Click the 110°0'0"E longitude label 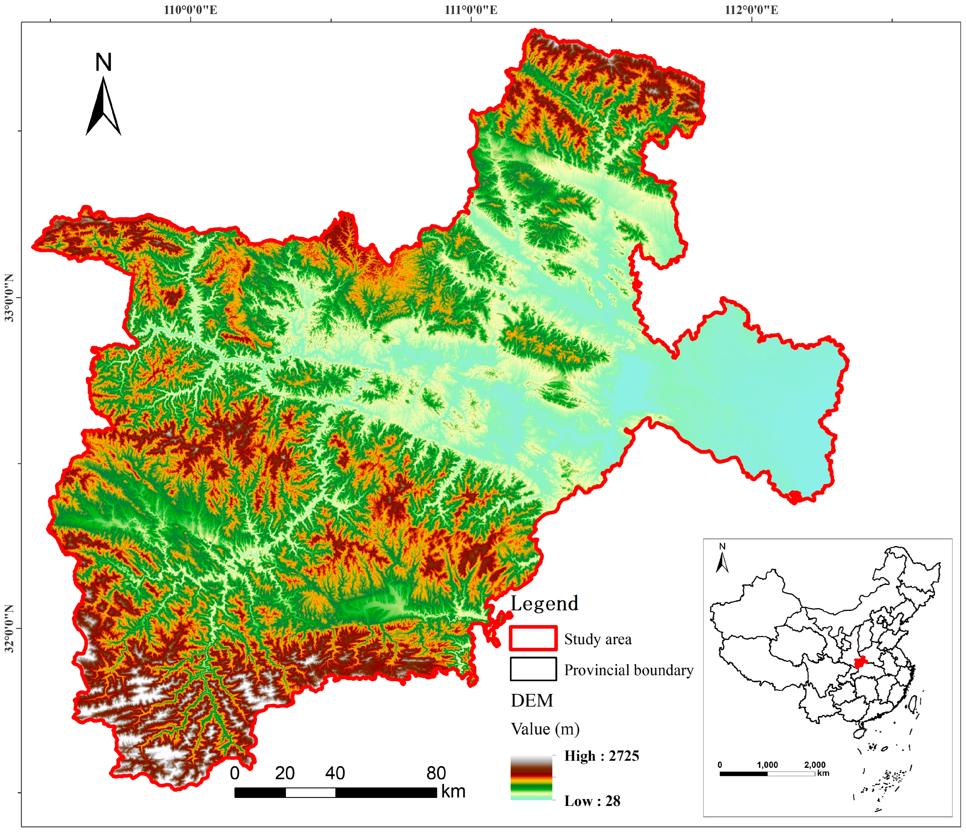(190, 10)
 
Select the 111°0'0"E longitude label (471, 10)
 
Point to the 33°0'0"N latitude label (9, 297)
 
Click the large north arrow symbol (103, 107)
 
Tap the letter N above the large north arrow (103, 62)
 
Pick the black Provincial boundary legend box (533, 669)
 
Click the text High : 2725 (601, 756)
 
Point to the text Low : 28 (592, 801)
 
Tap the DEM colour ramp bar (531, 778)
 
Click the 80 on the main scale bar (436, 773)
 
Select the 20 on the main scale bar (284, 773)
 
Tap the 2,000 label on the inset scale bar (815, 765)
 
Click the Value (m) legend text (545, 729)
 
